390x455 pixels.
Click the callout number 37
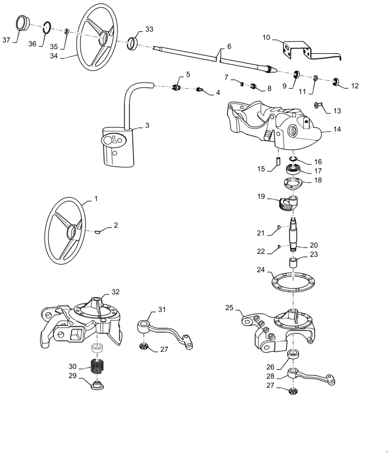pos(6,40)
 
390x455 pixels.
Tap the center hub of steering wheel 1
pos(72,232)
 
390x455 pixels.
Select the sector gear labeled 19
pos(286,204)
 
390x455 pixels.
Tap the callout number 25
pos(230,308)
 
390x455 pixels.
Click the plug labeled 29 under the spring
pos(97,385)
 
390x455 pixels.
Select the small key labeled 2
pos(98,233)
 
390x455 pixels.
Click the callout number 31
pos(162,309)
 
